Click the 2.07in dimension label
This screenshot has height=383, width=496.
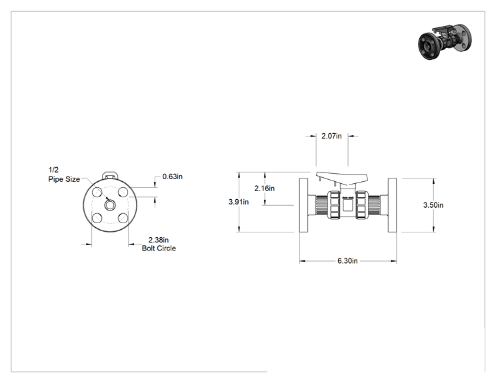(x=331, y=136)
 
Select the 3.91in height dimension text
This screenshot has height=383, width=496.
(x=239, y=202)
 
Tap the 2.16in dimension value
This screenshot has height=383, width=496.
(x=265, y=189)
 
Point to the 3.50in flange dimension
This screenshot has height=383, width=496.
(x=433, y=205)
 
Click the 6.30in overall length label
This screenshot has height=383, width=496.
(x=347, y=260)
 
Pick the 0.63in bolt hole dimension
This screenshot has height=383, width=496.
(x=173, y=177)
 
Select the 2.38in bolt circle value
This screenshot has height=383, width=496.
(x=159, y=240)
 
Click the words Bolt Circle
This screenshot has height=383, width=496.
(x=159, y=248)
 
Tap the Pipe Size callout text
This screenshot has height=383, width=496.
(x=64, y=179)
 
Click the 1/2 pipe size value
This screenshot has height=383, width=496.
(x=53, y=170)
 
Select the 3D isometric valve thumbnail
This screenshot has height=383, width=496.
(x=445, y=43)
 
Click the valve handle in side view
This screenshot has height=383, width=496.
(x=342, y=179)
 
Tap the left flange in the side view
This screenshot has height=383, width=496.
(x=304, y=205)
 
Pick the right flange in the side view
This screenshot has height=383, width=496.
(x=392, y=205)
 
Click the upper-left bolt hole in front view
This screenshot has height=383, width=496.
(x=97, y=192)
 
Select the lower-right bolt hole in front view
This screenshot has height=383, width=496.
(x=123, y=218)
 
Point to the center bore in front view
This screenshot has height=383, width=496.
(x=110, y=205)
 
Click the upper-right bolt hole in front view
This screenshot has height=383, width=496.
(x=123, y=192)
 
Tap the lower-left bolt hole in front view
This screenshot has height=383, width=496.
(x=97, y=218)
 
